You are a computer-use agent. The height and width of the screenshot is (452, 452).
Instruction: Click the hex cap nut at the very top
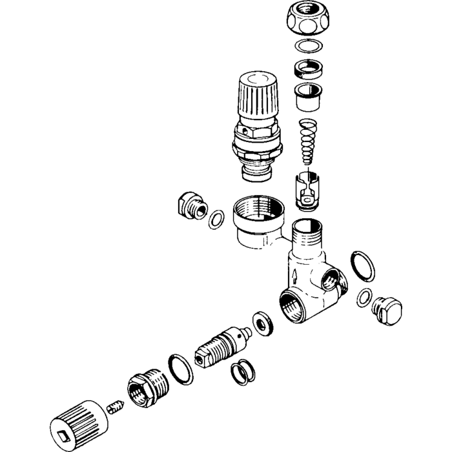[x=308, y=19]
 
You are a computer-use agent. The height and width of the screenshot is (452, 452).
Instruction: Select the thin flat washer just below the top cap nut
[x=309, y=47]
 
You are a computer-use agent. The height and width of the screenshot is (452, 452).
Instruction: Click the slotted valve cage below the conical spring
[x=308, y=189]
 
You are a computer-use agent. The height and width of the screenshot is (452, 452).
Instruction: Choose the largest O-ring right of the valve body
[x=362, y=267]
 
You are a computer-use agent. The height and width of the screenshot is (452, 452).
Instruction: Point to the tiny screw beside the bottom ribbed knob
[x=115, y=407]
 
